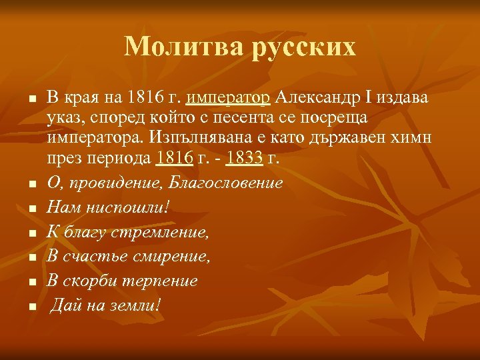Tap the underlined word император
[x=229, y=99]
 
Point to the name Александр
[x=321, y=99]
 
